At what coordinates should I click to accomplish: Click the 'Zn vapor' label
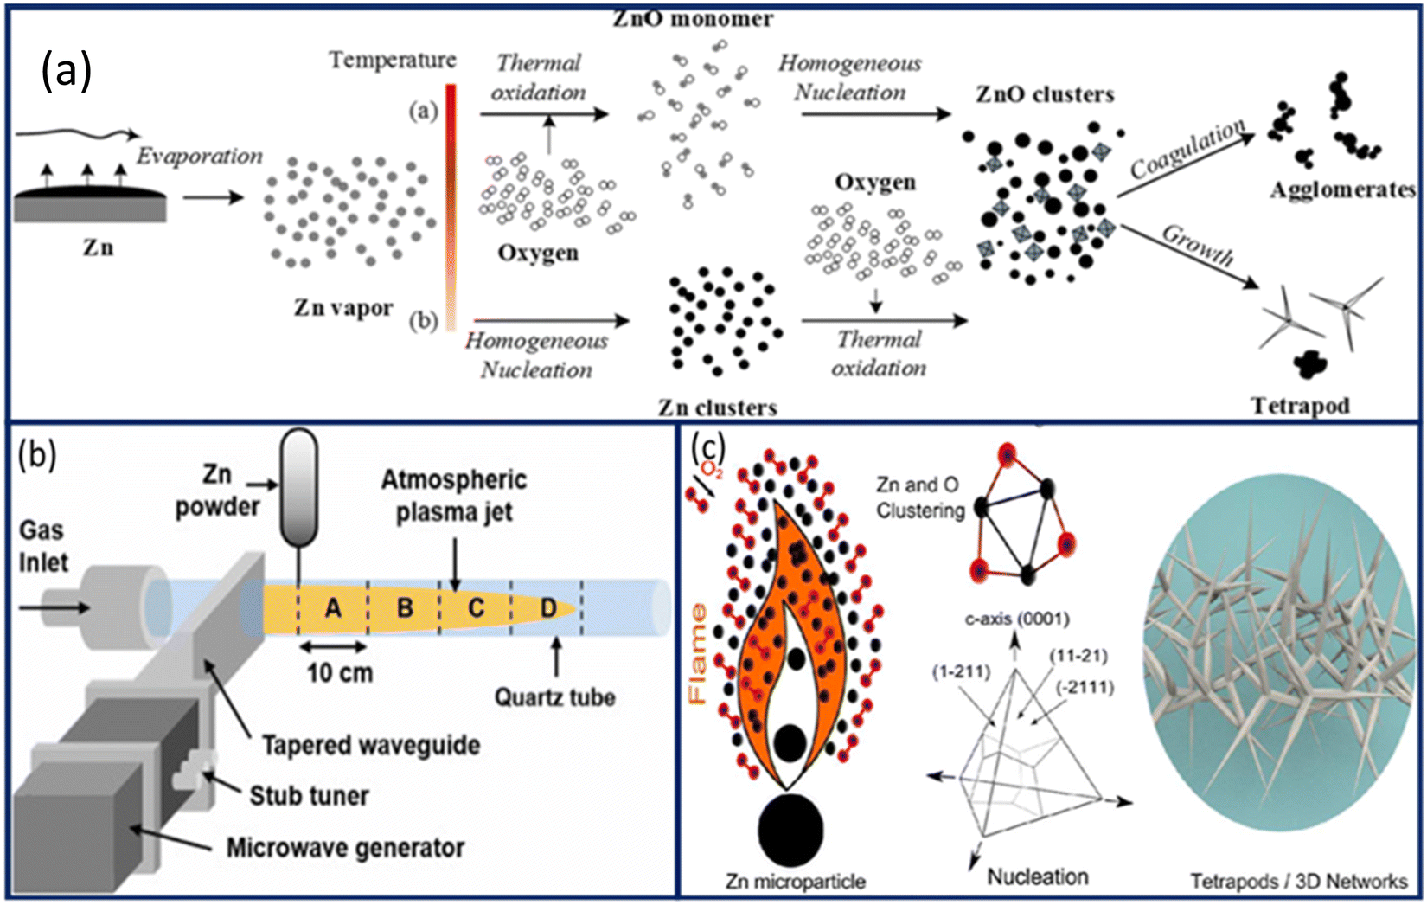point(342,309)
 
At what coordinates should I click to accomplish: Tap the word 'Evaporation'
point(200,156)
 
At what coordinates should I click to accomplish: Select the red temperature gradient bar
point(451,207)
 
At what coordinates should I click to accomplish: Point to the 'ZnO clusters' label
point(1045,94)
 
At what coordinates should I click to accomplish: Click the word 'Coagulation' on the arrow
point(1188,149)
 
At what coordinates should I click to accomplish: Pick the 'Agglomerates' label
point(1343,190)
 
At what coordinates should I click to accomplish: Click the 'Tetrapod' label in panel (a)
point(1300,406)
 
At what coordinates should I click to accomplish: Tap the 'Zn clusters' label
point(717,408)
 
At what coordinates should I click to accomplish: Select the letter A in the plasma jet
point(333,608)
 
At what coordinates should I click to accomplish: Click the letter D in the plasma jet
point(548,608)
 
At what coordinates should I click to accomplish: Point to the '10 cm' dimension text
point(340,673)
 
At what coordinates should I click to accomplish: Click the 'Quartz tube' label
point(555,698)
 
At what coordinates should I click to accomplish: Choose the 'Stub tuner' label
point(309,796)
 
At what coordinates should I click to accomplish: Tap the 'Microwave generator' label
point(345,848)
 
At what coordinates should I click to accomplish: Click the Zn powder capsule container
point(299,488)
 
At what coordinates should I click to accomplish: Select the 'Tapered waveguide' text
point(371,745)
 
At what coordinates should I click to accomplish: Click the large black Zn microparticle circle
point(791,831)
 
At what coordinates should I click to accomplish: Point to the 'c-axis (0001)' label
point(1017,619)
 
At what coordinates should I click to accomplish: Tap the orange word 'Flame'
point(698,655)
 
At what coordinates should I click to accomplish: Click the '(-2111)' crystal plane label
point(1085,688)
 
